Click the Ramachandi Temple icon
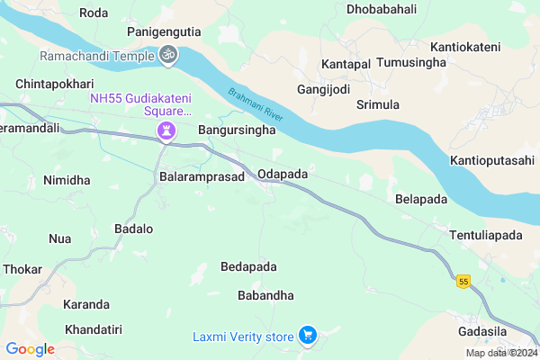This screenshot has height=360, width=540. point(167,56)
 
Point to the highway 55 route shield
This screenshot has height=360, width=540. point(463,282)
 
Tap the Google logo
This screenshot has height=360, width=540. point(30,348)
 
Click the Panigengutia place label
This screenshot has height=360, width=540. point(164,32)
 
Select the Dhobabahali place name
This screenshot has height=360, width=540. point(381,10)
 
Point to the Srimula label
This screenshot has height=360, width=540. point(378,105)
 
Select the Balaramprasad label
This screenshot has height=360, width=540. point(202,177)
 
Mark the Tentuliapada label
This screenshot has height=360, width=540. point(485,236)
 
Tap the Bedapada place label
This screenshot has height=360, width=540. point(248,267)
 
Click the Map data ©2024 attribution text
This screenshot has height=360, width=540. point(500,353)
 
